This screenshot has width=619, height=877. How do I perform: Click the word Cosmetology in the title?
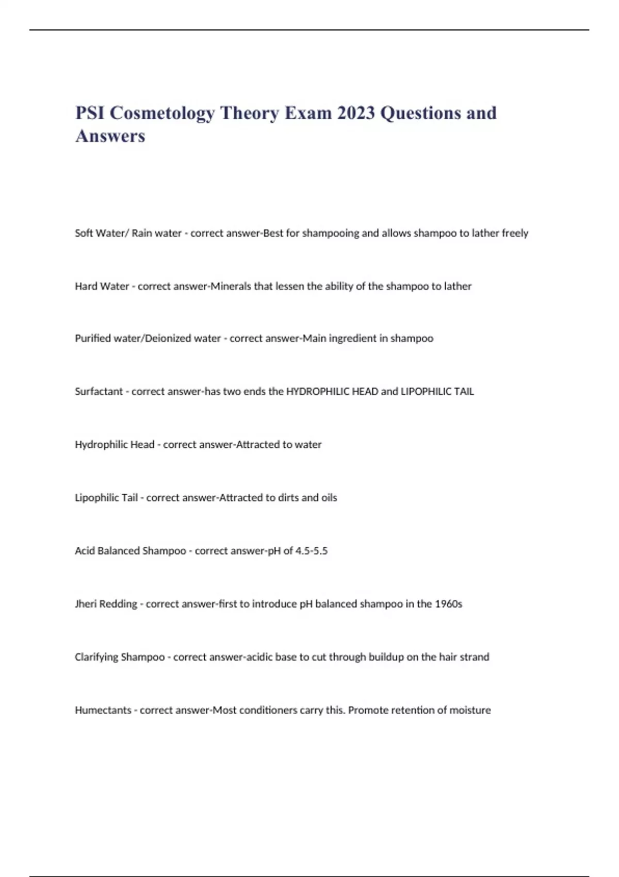(162, 113)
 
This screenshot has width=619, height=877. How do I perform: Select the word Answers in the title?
(110, 136)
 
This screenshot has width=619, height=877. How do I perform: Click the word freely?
(515, 233)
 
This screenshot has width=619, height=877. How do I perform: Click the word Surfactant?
(99, 392)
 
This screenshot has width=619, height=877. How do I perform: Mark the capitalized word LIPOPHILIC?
(426, 392)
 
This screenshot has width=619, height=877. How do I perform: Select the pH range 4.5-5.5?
(312, 551)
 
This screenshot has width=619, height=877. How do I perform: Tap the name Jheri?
(86, 604)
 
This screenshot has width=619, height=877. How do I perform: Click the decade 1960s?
(448, 604)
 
